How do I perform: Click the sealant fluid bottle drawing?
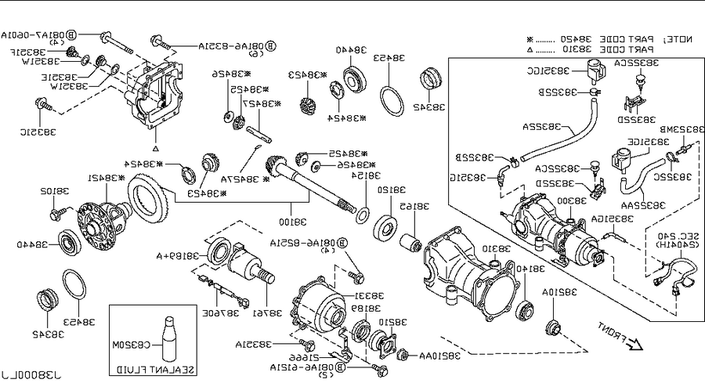click(x=169, y=338)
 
